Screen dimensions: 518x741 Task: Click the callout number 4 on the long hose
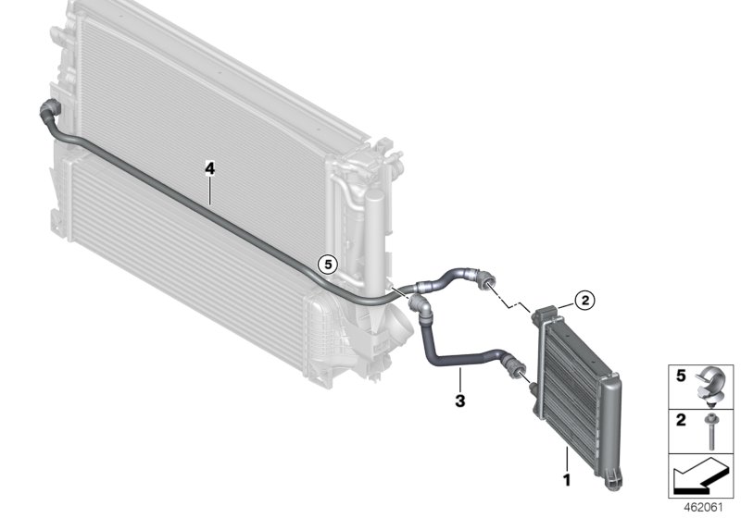click(210, 168)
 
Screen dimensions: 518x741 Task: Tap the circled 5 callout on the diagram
click(326, 264)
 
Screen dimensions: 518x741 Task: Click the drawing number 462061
click(700, 507)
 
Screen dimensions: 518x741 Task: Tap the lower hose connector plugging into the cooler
click(515, 368)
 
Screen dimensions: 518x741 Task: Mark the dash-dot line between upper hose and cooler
click(512, 295)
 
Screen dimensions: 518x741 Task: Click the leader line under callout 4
click(210, 191)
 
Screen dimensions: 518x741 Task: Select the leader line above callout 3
click(458, 379)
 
